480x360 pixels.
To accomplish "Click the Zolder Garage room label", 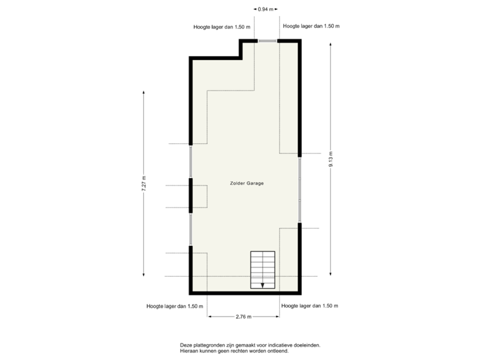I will click(x=246, y=183).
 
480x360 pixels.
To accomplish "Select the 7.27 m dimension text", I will click(x=144, y=183).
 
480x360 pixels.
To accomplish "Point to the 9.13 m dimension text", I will click(x=330, y=159).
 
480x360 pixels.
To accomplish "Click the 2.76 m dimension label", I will click(x=243, y=317).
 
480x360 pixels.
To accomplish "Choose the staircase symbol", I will click(x=263, y=270).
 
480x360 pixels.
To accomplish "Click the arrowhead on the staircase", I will click(x=263, y=285).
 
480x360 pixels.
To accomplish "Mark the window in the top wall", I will click(x=267, y=41).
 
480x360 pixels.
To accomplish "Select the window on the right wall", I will click(x=301, y=190).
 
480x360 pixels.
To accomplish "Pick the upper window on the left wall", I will click(x=190, y=162).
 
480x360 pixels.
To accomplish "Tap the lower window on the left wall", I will click(x=190, y=229).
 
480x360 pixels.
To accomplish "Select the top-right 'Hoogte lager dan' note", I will click(x=312, y=27).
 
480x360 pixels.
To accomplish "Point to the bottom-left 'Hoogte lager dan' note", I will click(x=175, y=307).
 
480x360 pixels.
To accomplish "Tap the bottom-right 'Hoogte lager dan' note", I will click(x=311, y=307).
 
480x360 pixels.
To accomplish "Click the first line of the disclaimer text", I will click(x=249, y=345).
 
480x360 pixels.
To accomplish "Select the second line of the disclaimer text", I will click(x=234, y=350).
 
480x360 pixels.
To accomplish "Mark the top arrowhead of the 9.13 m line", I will click(x=330, y=43).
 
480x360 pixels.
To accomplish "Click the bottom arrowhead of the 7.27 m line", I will click(x=144, y=275).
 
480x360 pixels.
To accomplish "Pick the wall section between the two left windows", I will click(x=190, y=195).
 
